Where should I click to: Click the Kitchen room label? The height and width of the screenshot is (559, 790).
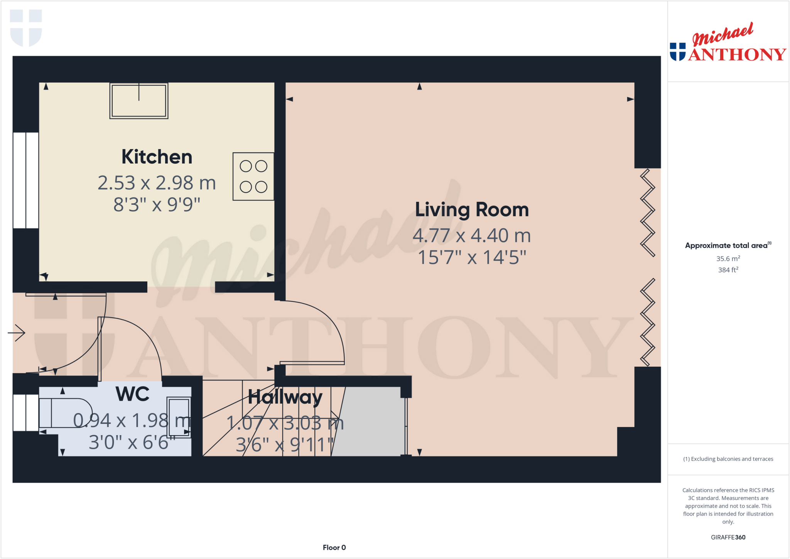(157, 157)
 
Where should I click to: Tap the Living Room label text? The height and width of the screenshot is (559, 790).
(472, 209)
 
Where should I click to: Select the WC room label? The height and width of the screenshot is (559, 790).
(132, 394)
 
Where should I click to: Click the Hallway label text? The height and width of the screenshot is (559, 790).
(285, 397)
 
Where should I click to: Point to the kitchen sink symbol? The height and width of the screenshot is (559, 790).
(139, 100)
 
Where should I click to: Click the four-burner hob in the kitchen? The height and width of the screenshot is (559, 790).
(253, 176)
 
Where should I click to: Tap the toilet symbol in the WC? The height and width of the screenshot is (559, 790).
(66, 413)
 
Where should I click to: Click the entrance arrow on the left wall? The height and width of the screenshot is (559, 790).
(16, 333)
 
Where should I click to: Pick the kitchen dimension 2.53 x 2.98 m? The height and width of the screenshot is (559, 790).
(157, 183)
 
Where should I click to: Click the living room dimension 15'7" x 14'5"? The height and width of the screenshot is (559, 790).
(472, 257)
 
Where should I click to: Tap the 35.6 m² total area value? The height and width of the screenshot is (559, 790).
(728, 258)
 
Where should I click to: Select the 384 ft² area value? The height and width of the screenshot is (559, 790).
(728, 270)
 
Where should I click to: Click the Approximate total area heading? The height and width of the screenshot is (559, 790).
(727, 245)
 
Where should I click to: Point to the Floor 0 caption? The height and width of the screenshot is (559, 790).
(334, 547)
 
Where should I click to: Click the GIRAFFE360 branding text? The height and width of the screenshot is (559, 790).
(728, 537)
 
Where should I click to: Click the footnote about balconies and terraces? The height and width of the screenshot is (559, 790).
(728, 459)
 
